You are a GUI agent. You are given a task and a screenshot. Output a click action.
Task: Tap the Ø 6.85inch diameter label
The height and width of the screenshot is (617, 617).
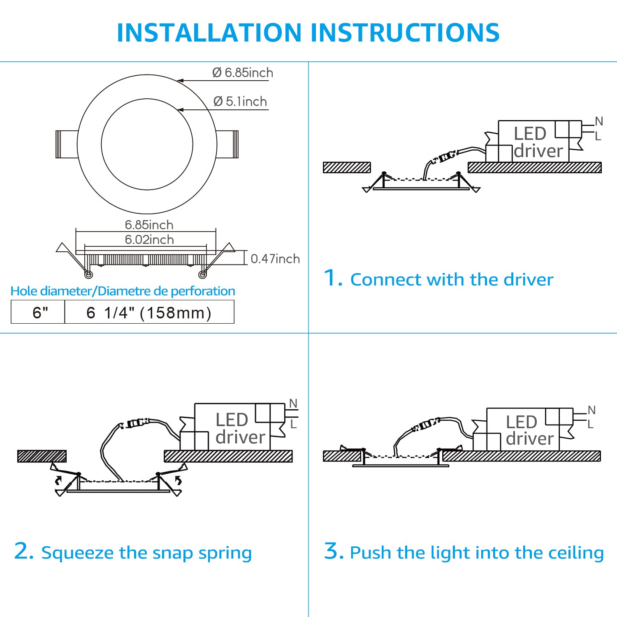click(x=243, y=73)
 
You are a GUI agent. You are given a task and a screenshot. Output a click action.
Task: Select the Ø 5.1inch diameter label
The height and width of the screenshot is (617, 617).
click(x=240, y=101)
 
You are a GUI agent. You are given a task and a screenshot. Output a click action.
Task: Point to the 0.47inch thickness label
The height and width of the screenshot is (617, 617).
click(x=275, y=259)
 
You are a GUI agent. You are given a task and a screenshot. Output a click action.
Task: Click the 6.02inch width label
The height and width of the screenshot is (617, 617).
click(x=149, y=239)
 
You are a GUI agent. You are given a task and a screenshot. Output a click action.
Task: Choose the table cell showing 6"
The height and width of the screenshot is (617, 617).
click(x=40, y=313)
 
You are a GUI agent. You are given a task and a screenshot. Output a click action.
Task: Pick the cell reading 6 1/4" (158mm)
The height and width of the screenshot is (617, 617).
click(x=149, y=313)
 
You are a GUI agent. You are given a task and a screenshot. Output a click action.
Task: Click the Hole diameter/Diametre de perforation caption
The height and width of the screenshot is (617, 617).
click(x=123, y=291)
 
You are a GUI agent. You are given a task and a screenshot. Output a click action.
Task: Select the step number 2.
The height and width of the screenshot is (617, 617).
click(x=23, y=551)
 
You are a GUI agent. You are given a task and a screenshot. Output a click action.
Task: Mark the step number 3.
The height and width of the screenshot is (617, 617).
click(x=333, y=551)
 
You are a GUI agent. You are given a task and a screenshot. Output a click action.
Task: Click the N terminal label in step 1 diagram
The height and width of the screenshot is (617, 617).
click(x=599, y=121)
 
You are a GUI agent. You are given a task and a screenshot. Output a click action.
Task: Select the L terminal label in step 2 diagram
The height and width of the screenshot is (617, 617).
click(x=293, y=424)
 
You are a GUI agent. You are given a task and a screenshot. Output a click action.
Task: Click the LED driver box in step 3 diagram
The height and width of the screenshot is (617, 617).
click(x=522, y=430)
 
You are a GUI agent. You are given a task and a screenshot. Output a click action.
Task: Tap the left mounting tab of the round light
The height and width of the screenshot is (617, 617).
click(x=67, y=144)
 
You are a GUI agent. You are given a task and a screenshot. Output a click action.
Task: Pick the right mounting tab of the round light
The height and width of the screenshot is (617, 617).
click(x=227, y=144)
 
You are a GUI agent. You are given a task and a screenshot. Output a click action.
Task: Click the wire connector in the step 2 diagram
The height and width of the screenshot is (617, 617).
click(x=136, y=423)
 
